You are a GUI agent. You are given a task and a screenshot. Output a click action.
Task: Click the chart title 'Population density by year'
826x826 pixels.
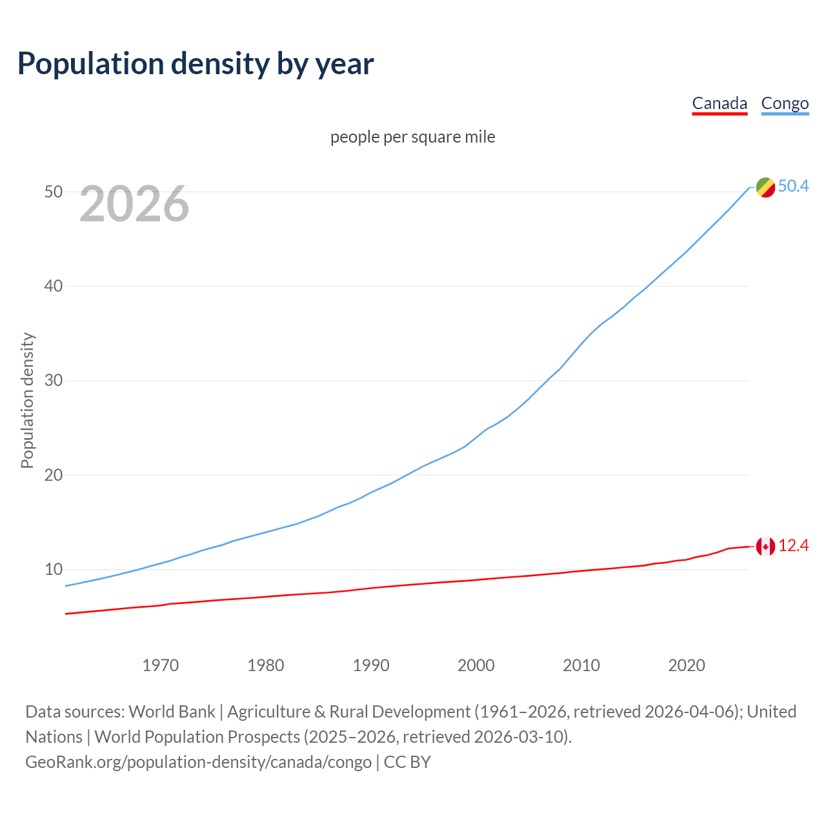click(x=196, y=64)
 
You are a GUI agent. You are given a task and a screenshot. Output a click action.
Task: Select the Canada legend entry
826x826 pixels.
click(x=720, y=103)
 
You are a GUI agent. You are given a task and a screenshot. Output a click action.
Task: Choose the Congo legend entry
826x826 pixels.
click(x=785, y=103)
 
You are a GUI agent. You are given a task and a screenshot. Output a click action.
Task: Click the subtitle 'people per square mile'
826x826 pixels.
click(x=413, y=137)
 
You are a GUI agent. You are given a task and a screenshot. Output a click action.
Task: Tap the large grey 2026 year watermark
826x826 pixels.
click(x=134, y=204)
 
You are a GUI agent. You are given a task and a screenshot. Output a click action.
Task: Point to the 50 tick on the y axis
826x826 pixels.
click(x=54, y=192)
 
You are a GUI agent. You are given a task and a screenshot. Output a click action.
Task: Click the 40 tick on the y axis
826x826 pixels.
click(x=54, y=286)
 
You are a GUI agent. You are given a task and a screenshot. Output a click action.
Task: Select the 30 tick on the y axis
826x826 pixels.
click(x=54, y=381)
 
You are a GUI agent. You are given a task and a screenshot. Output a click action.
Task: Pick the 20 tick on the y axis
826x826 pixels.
click(x=54, y=475)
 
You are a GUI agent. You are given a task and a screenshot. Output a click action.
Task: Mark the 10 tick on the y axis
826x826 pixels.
click(x=54, y=569)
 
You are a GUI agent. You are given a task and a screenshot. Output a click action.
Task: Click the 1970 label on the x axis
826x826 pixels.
click(x=161, y=665)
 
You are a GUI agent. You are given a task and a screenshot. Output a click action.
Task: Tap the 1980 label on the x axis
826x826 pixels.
click(x=266, y=665)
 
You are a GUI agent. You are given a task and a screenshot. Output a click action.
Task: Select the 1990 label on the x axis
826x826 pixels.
click(x=371, y=665)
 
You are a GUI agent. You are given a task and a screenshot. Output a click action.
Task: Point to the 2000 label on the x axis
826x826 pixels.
click(x=476, y=665)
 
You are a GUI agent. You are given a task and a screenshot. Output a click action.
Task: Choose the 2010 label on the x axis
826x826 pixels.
click(x=581, y=665)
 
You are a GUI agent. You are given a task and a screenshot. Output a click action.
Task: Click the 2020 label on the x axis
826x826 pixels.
click(x=687, y=665)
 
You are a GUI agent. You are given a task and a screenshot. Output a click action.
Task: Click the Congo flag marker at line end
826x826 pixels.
click(x=765, y=187)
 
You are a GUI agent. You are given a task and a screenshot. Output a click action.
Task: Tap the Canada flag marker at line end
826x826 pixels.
click(x=765, y=547)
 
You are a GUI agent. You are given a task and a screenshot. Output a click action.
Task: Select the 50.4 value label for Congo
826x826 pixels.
click(x=793, y=186)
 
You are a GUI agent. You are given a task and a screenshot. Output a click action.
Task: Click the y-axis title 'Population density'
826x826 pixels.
click(x=27, y=400)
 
